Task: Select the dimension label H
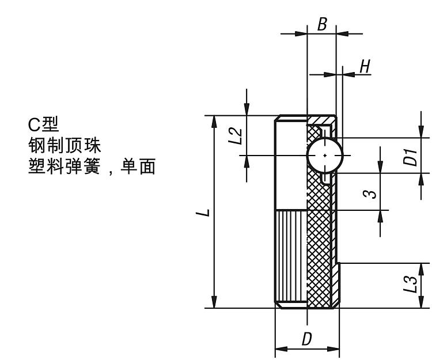click(364, 66)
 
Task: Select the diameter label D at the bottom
click(307, 339)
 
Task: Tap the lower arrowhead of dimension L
click(214, 303)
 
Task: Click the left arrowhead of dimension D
click(280, 348)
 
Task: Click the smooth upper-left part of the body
click(291, 167)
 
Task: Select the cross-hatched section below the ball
click(320, 242)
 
